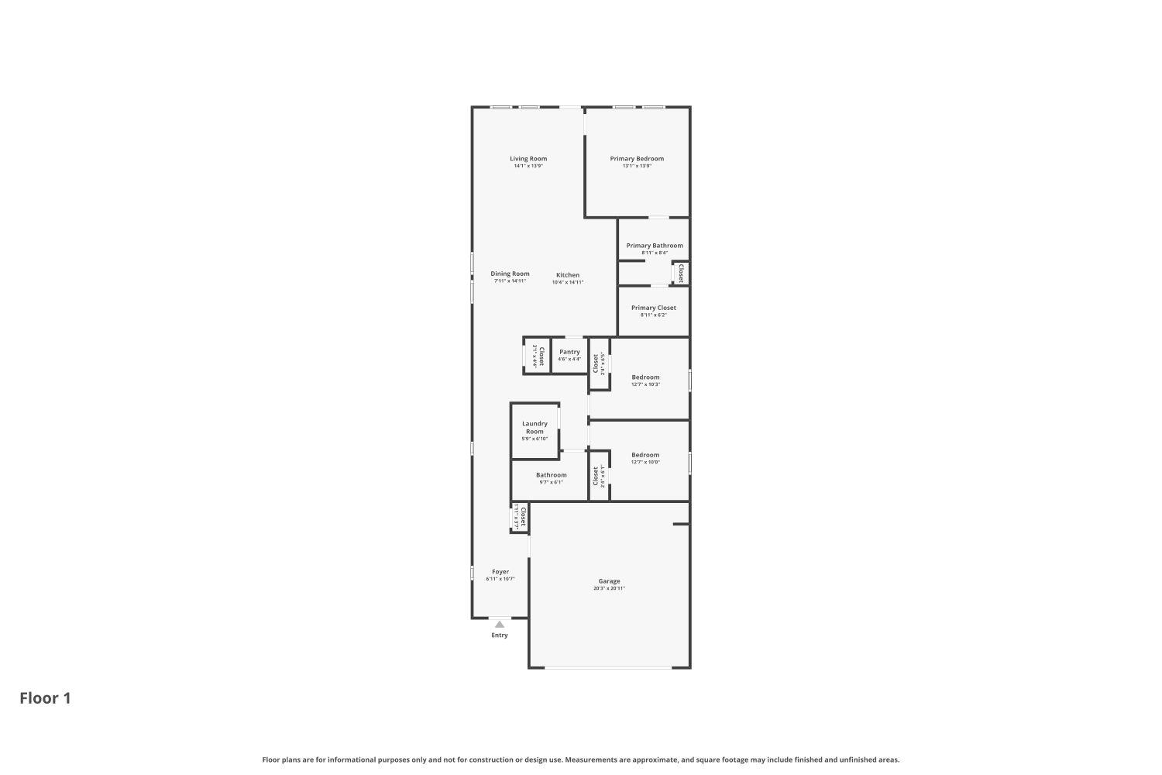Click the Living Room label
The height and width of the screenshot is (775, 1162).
[528, 159]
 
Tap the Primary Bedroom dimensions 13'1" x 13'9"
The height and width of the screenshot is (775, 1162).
[637, 166]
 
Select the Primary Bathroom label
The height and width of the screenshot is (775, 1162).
[655, 246]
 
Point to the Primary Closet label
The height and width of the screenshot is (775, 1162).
[653, 308]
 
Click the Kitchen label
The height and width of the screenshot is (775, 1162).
[567, 275]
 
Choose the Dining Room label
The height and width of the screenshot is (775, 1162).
[510, 274]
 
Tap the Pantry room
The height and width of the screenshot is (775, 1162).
[569, 355]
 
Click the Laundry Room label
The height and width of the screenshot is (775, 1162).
[535, 427]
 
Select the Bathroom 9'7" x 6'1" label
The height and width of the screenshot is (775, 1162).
[551, 478]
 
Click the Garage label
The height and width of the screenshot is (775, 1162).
[609, 581]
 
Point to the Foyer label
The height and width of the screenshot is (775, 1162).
[500, 572]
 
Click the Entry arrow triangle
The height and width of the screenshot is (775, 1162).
[500, 624]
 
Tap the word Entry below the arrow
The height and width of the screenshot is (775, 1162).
[500, 635]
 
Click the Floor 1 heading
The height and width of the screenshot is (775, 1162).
[45, 698]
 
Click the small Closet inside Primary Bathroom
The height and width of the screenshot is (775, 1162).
[680, 273]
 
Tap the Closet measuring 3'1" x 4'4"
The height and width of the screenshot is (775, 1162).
[537, 355]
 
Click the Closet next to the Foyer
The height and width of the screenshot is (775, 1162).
[521, 516]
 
